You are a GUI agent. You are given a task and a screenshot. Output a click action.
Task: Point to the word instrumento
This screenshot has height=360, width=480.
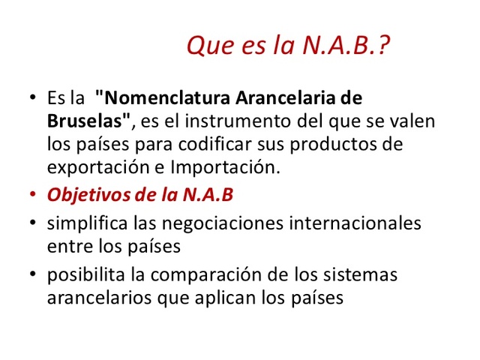pyautogui.click(x=238, y=120)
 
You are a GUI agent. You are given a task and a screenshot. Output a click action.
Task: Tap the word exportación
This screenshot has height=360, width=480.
pyautogui.click(x=94, y=165)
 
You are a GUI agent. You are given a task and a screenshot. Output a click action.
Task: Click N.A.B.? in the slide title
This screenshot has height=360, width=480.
pyautogui.click(x=349, y=47)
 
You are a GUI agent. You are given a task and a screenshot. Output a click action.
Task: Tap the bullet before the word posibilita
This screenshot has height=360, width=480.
pyautogui.click(x=34, y=275)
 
